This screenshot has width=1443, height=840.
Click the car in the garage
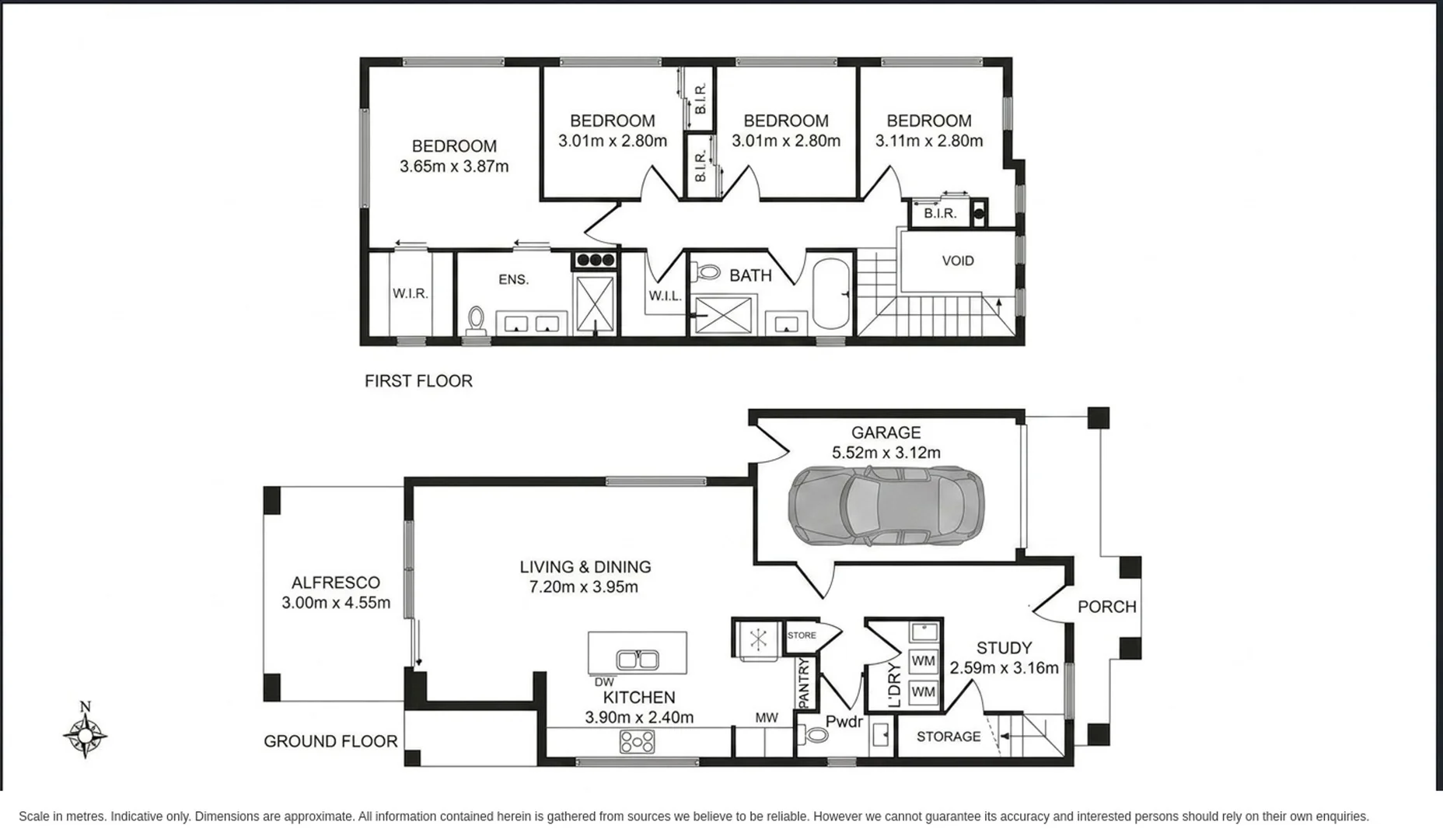coord(886,506)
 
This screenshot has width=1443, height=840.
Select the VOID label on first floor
coord(958,261)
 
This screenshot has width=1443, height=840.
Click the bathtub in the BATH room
coord(830,294)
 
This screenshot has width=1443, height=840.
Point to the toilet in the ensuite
coord(476,320)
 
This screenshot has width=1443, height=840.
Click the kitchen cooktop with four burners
coord(637,741)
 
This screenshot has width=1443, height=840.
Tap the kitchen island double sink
coord(638,660)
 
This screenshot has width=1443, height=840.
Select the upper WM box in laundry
coord(923,661)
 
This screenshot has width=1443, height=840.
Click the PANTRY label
coord(805,683)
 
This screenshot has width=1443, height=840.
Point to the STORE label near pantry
coord(802,635)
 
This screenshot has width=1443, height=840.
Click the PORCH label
coord(1107,607)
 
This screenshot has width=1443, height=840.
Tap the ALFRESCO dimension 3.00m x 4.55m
coord(336,603)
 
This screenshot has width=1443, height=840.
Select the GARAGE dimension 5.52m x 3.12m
coord(886,453)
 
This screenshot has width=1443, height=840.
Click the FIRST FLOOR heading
coord(418,381)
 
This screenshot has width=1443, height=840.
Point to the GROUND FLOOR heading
coord(330,741)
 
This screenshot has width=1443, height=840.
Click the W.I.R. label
coord(410,293)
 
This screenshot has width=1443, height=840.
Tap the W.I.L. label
coord(666,296)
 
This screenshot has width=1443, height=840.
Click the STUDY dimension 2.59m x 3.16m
coord(1005,668)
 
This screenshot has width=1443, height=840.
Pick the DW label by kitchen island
coord(604,682)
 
